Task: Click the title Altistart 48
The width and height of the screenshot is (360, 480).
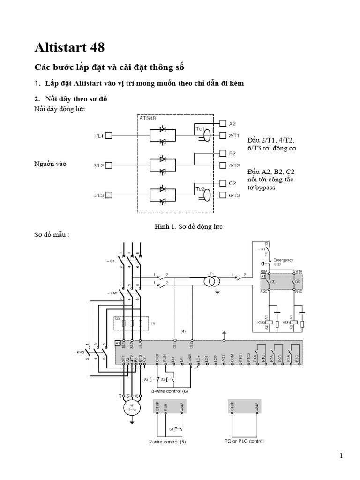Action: (x=70, y=47)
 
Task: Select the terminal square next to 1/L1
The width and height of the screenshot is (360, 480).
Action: (x=109, y=136)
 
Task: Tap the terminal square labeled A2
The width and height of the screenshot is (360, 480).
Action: (x=223, y=124)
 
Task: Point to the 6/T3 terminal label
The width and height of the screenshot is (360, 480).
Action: (x=234, y=195)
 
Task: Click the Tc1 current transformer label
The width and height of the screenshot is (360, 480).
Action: (x=201, y=128)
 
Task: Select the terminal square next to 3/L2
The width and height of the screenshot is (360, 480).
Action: (x=109, y=165)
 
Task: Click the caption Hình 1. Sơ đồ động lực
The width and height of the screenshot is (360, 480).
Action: (x=188, y=227)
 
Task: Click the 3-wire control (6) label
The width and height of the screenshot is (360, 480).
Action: (x=169, y=390)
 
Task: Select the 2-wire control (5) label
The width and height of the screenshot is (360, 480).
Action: (x=167, y=441)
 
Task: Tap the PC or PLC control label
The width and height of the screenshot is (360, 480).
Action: (x=244, y=441)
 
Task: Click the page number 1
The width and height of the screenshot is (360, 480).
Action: (x=341, y=456)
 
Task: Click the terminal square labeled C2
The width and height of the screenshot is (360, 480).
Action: (x=223, y=183)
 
